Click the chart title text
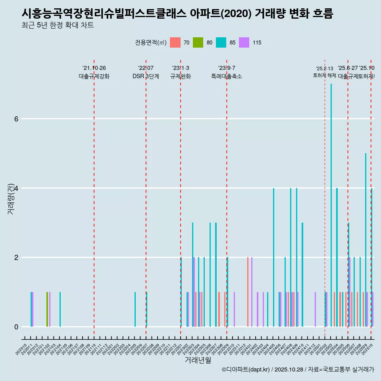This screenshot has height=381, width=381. point(177,13)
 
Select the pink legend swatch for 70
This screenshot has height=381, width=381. point(175,42)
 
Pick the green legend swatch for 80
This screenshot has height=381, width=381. point(198,42)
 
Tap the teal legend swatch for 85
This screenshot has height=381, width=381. point(221,42)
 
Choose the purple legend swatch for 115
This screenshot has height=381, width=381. point(244,42)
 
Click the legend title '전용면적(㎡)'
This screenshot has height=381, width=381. point(151,43)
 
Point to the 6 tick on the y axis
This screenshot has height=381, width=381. point(16,119)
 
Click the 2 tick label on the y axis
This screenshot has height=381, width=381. point(16,258)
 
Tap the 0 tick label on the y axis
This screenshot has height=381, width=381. point(16,327)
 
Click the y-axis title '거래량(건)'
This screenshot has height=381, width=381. point(11,198)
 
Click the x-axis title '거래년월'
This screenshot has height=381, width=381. point(198,360)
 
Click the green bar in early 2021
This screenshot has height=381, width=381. point(47,309)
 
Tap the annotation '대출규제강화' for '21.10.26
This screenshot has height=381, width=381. point(94,77)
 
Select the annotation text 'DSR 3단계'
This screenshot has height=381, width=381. point(146,77)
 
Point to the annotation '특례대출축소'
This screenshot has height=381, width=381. point(226,77)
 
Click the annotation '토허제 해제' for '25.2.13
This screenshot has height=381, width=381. point(325,75)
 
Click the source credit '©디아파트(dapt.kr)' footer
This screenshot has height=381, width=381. point(246,369)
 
